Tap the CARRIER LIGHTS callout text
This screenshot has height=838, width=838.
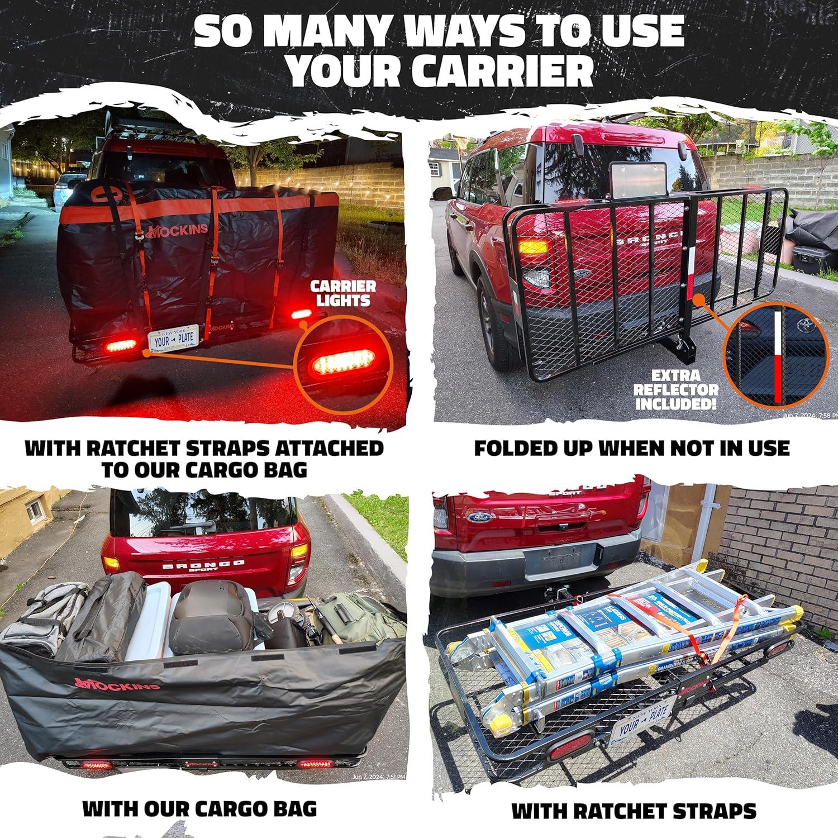pos(343,294)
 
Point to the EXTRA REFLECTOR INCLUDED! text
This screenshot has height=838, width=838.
pos(676,389)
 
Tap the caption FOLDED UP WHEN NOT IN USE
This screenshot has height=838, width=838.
pos(631,448)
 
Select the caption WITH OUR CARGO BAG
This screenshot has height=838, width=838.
pos(199,808)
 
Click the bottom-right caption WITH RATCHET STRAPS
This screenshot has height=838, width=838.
pos(634,811)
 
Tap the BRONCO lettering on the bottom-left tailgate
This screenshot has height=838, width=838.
pos(202,565)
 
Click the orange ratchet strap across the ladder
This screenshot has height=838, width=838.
pos(726,631)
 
